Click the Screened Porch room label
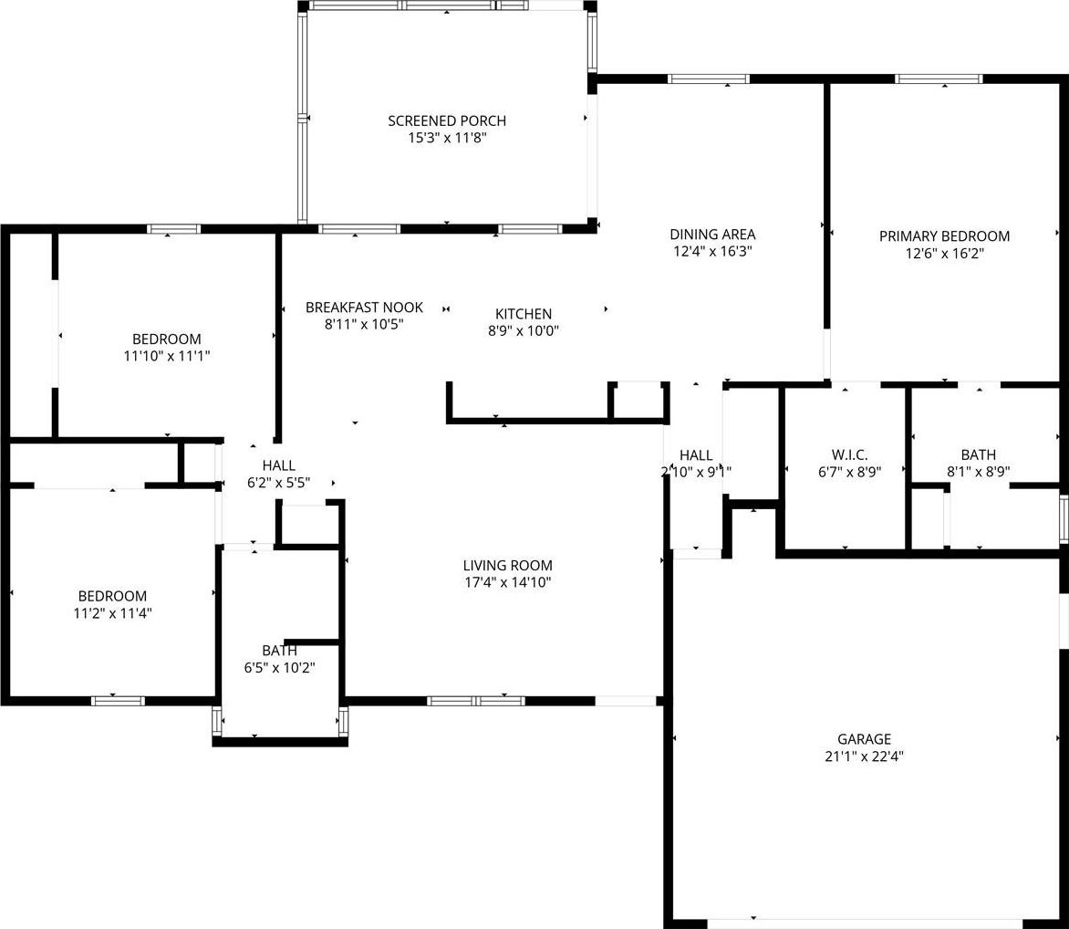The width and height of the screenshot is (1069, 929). coord(447,120)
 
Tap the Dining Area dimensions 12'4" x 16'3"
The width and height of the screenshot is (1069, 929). coord(712,251)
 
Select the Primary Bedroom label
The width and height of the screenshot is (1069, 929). coord(944,236)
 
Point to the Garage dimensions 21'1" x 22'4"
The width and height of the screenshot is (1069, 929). coord(864,756)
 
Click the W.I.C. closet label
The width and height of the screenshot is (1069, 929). coord(849,454)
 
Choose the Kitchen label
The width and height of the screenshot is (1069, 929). coord(524,314)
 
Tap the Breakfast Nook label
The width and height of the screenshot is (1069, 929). coord(364,307)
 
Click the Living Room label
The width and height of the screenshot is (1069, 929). coord(507,565)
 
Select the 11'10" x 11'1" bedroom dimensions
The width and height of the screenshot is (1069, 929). coord(167,355)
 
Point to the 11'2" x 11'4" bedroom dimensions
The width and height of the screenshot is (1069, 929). coord(112,612)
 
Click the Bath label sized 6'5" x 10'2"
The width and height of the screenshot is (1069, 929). coord(279,650)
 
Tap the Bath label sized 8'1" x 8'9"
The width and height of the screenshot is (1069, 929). coord(979,454)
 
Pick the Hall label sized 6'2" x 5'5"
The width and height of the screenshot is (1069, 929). coord(279,465)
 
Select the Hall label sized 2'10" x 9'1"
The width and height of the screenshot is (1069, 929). coord(696,455)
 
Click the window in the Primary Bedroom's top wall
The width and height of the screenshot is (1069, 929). coord(939,79)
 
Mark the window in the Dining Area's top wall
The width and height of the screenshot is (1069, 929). coord(709,79)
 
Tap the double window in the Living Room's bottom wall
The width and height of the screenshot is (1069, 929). coord(476,701)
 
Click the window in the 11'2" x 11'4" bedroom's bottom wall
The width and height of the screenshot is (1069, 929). coord(119,701)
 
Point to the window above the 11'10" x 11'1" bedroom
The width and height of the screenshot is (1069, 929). coord(174,229)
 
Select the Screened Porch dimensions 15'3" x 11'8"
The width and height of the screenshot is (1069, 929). coord(447,138)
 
